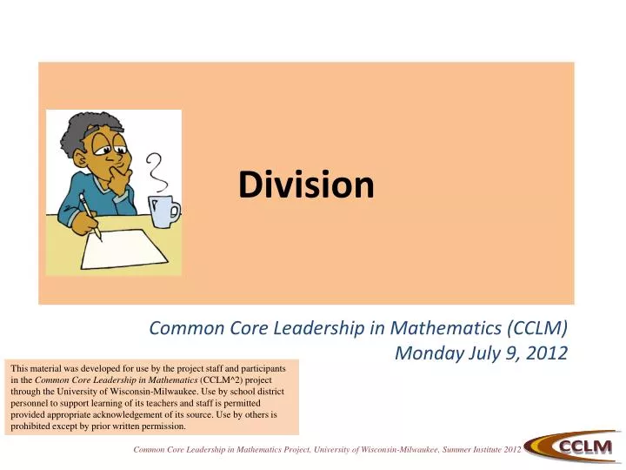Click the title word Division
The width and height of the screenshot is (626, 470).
tap(307, 184)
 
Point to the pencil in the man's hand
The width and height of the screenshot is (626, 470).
tap(92, 217)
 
